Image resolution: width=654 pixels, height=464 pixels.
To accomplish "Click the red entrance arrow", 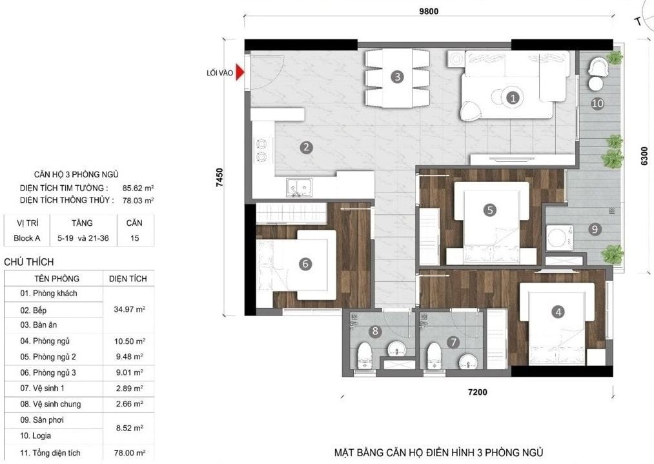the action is (240, 72).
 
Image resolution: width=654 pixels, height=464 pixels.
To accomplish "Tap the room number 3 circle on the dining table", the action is (397, 77).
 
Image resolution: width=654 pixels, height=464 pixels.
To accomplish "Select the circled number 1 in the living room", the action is (513, 98).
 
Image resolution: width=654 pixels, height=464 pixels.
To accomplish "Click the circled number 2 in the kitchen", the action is (306, 147).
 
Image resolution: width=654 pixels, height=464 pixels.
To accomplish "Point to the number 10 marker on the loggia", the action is (598, 103).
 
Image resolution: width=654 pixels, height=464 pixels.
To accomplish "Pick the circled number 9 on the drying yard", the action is (595, 229).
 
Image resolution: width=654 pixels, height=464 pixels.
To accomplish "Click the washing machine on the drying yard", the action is (559, 238).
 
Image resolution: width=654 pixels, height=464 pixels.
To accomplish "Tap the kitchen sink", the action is (299, 187).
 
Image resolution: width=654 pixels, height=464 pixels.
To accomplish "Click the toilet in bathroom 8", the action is (365, 356).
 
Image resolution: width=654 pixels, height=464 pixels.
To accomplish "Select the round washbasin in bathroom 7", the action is (468, 361).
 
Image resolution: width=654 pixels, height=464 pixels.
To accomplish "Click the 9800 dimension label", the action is (429, 11).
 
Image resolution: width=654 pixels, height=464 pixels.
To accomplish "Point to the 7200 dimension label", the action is (478, 392).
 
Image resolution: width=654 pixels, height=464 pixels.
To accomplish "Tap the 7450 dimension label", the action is (220, 177).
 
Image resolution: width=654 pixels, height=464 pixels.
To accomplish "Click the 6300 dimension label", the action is (644, 156).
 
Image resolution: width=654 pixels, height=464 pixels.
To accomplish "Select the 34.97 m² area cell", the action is (129, 309).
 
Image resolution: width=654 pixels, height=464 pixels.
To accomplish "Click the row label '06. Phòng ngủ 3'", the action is (48, 373).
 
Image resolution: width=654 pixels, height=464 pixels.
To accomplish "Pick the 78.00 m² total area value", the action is (130, 453).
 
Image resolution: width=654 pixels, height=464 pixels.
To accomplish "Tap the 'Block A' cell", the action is (26, 238).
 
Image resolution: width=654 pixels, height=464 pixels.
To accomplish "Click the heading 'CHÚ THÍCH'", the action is (29, 262).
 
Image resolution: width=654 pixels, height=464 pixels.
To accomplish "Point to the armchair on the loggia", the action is (598, 66).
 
